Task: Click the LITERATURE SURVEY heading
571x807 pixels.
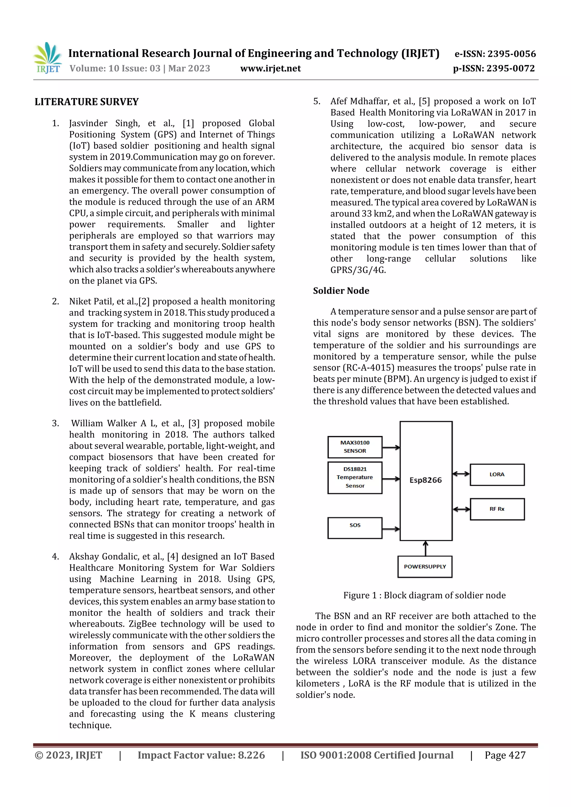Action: click(x=86, y=102)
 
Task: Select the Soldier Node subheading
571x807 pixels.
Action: click(x=341, y=291)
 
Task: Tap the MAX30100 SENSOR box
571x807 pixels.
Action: click(x=355, y=447)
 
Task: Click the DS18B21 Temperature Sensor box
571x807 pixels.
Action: click(x=355, y=477)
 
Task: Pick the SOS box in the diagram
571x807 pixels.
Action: click(x=355, y=528)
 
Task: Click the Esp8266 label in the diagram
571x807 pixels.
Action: click(x=425, y=480)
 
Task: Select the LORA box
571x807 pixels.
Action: click(x=497, y=474)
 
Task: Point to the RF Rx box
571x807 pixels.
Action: click(x=497, y=509)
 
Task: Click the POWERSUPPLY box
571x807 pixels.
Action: click(x=425, y=567)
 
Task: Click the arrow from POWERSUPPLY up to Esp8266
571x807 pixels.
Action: click(x=425, y=548)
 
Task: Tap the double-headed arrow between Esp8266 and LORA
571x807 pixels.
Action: click(x=461, y=474)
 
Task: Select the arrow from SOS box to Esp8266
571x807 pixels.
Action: click(x=391, y=529)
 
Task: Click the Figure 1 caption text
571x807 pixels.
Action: click(x=424, y=595)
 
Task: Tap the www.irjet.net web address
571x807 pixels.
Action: click(x=270, y=68)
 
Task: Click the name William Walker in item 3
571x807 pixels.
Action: click(x=104, y=423)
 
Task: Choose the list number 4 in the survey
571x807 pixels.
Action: click(x=55, y=556)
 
